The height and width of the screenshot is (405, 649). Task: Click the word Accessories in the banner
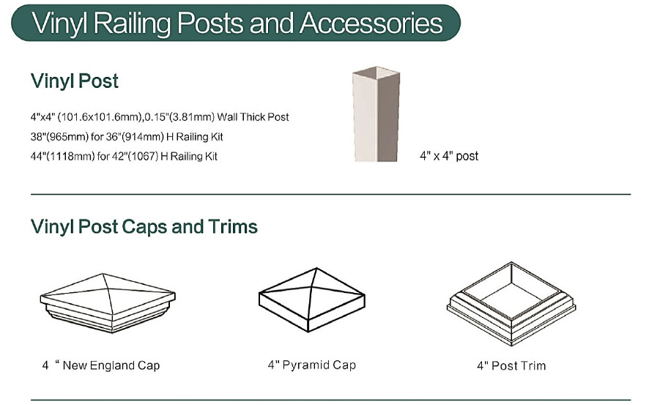(371, 23)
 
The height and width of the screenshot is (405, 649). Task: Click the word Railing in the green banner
(132, 24)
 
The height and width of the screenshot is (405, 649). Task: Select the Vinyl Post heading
(75, 81)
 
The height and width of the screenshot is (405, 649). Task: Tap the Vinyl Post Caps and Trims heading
(144, 227)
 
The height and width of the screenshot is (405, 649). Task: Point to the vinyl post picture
(377, 114)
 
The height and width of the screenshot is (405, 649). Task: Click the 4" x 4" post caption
(449, 156)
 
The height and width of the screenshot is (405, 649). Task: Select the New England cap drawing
(108, 302)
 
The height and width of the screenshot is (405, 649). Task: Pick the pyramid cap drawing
(311, 300)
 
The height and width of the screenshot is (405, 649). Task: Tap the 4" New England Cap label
(101, 365)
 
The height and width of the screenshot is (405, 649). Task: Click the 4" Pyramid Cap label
(311, 365)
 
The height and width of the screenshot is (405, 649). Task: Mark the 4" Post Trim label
(511, 365)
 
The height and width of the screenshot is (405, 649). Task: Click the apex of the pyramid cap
(316, 268)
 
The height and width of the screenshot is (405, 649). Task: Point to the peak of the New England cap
(103, 273)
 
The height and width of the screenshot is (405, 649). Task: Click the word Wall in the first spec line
(227, 117)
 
